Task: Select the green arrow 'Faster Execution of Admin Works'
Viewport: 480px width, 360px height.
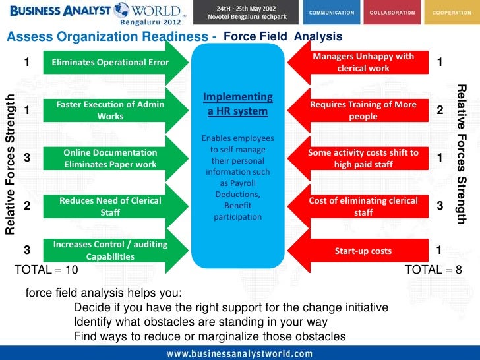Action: coord(110,110)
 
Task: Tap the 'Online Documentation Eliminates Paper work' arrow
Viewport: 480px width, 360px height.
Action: coord(110,158)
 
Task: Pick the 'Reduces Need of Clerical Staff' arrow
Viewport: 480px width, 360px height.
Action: coord(110,206)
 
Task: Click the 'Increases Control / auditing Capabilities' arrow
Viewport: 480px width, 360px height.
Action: coord(110,250)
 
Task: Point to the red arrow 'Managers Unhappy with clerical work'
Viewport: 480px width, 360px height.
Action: coord(363,63)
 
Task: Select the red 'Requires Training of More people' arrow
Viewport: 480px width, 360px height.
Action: coord(363,111)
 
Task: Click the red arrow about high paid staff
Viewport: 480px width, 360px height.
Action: coord(363,158)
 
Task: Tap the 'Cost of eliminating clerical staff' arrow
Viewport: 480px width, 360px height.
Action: coord(363,206)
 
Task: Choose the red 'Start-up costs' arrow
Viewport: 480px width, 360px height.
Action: coord(363,251)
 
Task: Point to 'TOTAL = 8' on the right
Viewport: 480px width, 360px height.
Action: coord(433,270)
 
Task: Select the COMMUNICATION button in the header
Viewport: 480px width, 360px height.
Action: coord(331,13)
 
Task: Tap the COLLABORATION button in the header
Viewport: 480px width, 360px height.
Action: coord(392,13)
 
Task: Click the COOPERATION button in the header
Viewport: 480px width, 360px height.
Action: coord(452,13)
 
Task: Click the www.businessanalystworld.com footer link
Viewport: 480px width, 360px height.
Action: coord(239,353)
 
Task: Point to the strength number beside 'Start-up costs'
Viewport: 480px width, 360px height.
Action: coord(439,249)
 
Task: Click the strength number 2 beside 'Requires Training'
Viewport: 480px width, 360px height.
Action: coord(439,111)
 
